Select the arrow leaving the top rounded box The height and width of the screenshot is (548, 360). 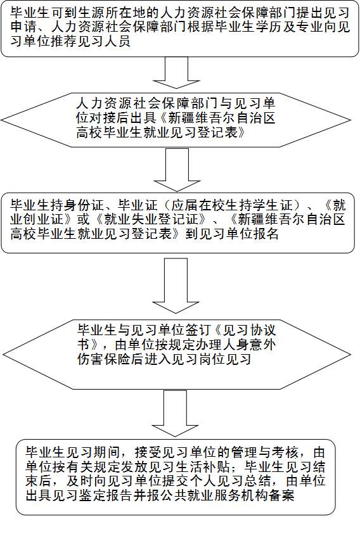click(x=176, y=73)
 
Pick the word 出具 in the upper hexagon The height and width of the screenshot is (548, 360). click(x=144, y=118)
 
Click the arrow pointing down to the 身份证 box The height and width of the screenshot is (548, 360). click(x=177, y=170)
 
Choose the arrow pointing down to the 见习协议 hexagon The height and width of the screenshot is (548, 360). click(x=176, y=286)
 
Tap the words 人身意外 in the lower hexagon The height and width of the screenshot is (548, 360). click(x=245, y=345)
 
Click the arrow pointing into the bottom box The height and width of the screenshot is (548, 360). click(x=175, y=414)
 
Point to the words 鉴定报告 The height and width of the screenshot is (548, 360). click(x=106, y=495)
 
